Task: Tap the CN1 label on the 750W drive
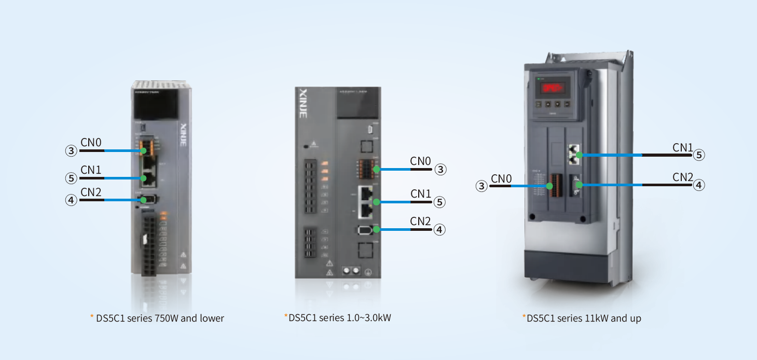coord(91,170)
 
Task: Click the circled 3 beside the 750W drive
coord(71,150)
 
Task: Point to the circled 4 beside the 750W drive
coord(71,200)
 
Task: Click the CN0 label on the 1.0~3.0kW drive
coord(420,161)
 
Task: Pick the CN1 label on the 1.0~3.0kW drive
coord(421,194)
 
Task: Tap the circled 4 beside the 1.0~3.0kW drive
coord(439,229)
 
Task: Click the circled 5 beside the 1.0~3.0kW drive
coord(439,202)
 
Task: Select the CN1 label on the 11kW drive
coord(683,147)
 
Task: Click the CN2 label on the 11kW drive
coord(683,177)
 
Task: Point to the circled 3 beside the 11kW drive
coord(482,186)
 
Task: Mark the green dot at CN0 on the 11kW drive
coord(550,186)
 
